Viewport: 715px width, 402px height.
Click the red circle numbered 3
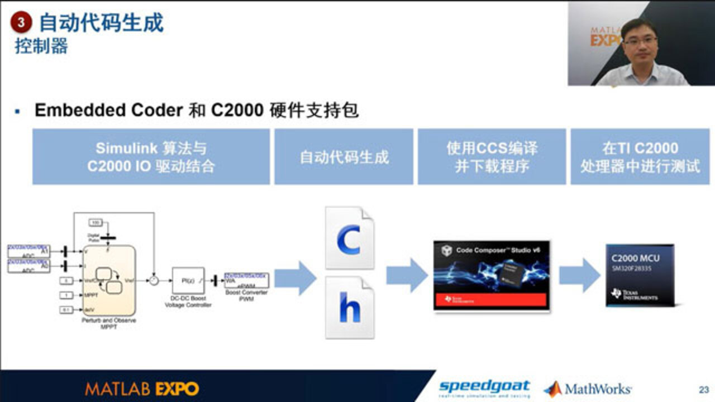click(x=21, y=23)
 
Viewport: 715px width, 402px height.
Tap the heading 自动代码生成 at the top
click(x=101, y=23)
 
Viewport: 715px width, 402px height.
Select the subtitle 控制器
click(x=41, y=46)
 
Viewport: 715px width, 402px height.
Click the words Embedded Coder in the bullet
click(x=108, y=110)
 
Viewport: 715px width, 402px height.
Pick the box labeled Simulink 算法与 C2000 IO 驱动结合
click(x=151, y=157)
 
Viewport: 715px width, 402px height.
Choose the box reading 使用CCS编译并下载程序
click(x=492, y=157)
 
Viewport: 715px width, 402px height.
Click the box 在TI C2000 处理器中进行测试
click(x=640, y=157)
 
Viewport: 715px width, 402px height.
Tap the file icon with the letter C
click(x=350, y=238)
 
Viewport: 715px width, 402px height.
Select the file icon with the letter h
click(x=350, y=308)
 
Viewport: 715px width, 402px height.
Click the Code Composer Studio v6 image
click(x=492, y=275)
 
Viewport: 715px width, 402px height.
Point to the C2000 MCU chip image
click(x=640, y=275)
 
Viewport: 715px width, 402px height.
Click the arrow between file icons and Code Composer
click(x=407, y=275)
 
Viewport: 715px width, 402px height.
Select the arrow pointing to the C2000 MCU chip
click(x=579, y=275)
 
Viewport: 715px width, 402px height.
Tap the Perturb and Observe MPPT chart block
click(x=109, y=280)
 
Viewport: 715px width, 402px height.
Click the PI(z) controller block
click(x=188, y=280)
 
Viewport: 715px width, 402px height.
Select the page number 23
click(x=703, y=389)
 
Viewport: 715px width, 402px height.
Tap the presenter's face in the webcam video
click(x=640, y=40)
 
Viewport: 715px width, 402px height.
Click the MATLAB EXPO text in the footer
click(x=142, y=389)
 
